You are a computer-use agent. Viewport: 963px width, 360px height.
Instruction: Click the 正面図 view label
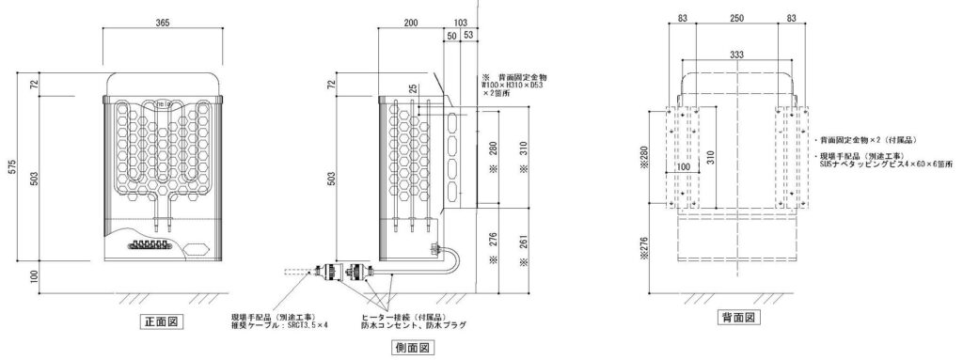coord(161,321)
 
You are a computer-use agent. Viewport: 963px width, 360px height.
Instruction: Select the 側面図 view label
coord(411,349)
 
